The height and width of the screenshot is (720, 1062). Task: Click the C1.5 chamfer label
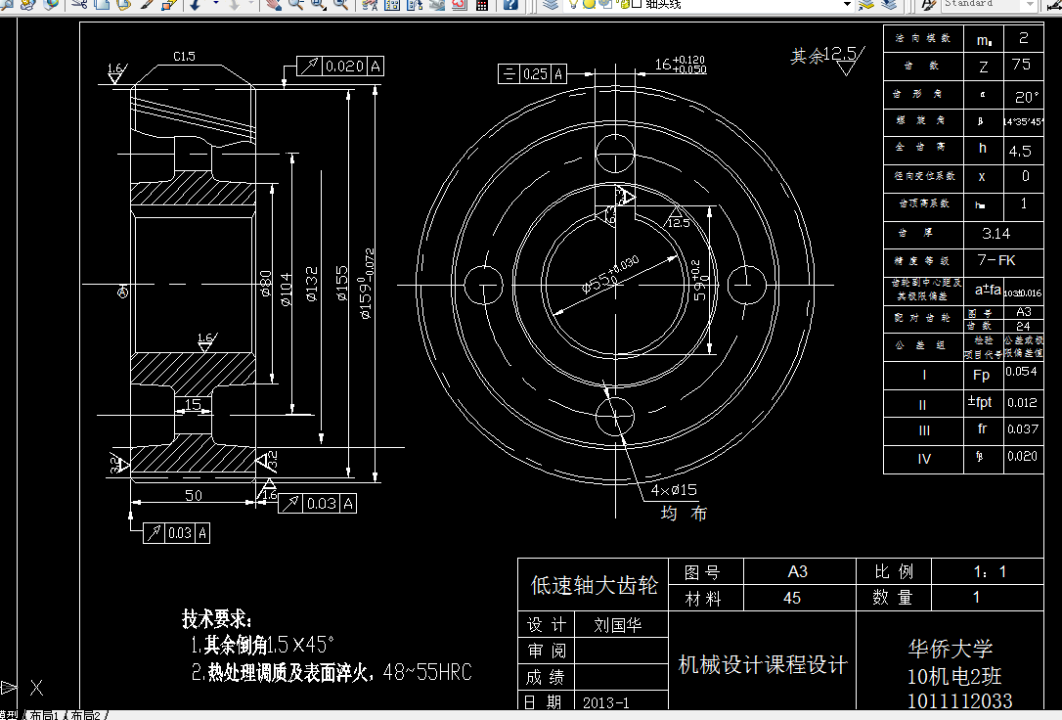point(184,57)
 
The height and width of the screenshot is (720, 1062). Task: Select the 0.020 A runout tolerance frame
point(339,67)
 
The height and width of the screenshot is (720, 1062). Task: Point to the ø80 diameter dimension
point(265,284)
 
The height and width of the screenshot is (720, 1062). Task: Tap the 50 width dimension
point(194,496)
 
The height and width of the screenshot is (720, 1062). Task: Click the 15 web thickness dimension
point(193,403)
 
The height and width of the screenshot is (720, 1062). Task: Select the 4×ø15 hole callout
point(674,489)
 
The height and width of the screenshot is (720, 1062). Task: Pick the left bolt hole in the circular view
point(482,284)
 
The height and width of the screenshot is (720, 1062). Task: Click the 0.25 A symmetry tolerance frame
point(534,73)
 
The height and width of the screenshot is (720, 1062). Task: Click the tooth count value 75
point(1022,66)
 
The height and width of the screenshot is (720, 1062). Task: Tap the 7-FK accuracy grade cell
point(997,261)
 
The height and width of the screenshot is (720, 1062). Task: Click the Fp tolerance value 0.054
point(1021,373)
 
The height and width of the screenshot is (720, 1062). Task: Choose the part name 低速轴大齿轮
point(594,585)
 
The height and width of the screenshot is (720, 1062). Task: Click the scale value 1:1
point(990,571)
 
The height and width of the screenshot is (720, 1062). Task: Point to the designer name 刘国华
point(618,625)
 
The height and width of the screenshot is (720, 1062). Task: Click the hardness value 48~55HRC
point(427,672)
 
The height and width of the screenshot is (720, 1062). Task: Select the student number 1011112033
point(959,700)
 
